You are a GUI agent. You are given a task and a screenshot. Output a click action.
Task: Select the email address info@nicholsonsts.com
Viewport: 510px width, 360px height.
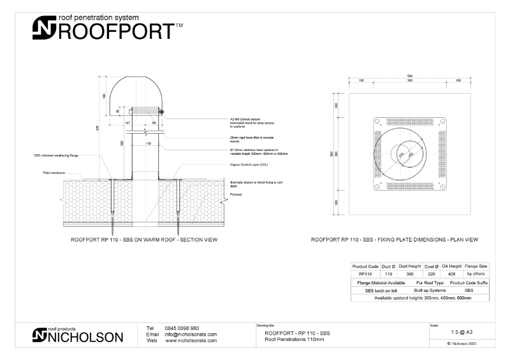tap(191, 334)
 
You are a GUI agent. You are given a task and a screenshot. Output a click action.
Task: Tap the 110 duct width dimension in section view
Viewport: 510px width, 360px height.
tap(149, 144)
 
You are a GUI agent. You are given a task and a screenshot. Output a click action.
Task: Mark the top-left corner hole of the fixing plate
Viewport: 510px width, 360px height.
tap(377, 121)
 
